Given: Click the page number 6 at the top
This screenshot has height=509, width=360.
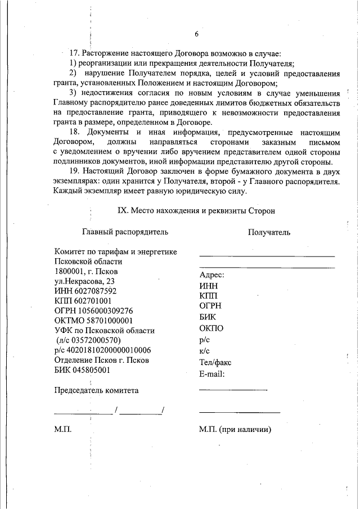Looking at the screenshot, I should pos(197,34).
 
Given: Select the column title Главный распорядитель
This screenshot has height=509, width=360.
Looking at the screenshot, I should pos(125,231).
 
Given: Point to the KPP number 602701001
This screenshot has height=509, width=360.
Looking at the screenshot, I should pos(92,301).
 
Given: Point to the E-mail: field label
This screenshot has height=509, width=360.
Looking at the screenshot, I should pos(212,374).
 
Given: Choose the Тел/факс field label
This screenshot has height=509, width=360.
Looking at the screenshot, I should pos(215,363).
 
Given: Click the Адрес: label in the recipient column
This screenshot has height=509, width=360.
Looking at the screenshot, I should pos(212,275).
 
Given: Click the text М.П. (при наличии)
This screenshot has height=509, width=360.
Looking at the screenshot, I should pos(235,430).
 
